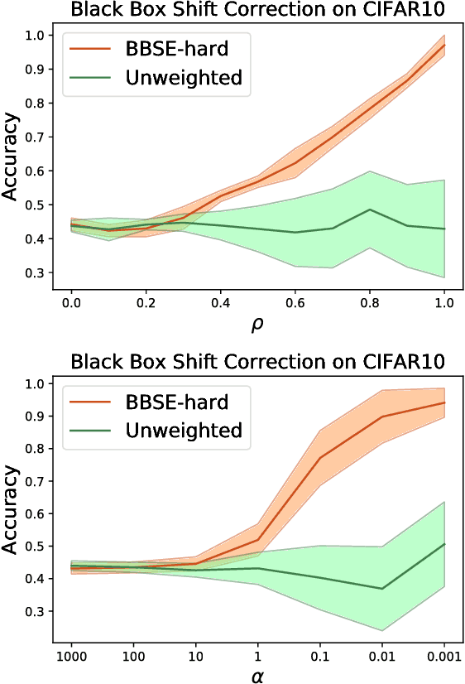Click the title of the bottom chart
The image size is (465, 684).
(x=257, y=362)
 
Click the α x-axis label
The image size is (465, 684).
(x=257, y=674)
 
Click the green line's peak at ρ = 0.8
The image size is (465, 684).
(x=370, y=210)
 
